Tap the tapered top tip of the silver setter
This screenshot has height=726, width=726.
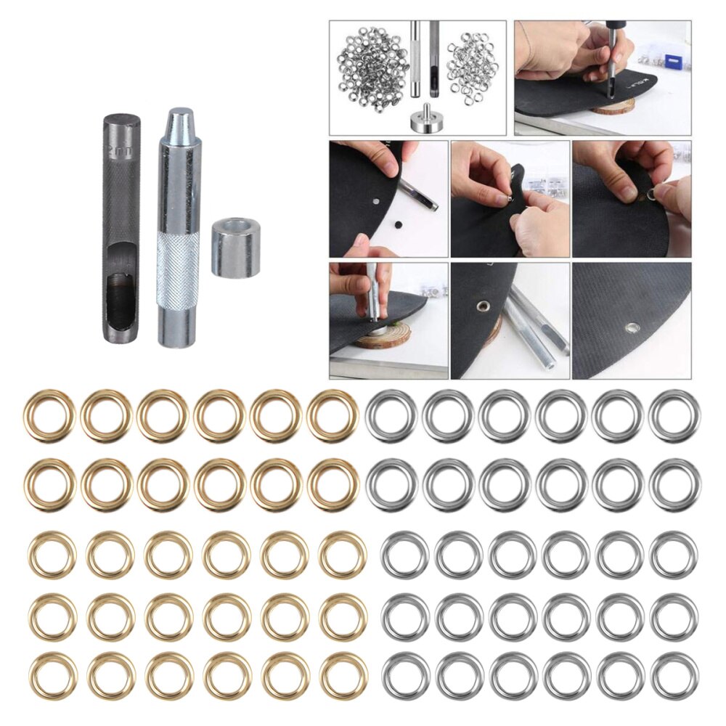coord(178,117)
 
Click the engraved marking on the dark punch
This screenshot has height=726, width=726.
coord(118,153)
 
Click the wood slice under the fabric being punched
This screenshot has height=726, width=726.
coord(613,106)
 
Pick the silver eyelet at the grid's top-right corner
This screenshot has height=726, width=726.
coord(674,416)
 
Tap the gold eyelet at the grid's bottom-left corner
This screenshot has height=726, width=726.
coord(53,674)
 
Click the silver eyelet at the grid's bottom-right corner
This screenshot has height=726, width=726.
coord(674,674)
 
